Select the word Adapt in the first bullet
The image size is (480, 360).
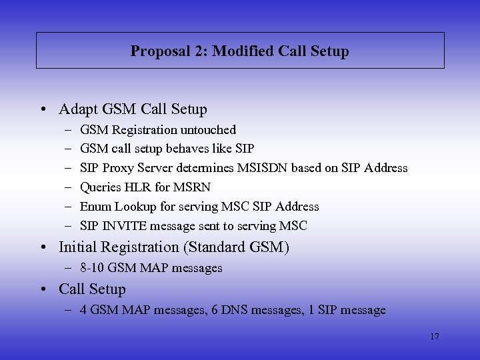(x=77, y=109)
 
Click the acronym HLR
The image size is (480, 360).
(x=137, y=187)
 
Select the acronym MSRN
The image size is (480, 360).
(x=192, y=187)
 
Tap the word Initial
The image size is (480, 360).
(x=78, y=247)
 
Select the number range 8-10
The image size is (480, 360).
(x=93, y=268)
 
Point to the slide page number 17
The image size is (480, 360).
(x=435, y=337)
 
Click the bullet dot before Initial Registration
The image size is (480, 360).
(x=43, y=247)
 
